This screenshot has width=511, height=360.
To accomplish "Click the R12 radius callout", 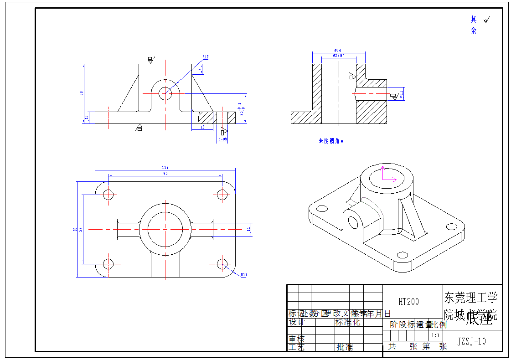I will (205, 57).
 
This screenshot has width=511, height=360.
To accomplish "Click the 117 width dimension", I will (165, 168).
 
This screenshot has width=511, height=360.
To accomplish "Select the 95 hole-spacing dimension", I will (165, 174).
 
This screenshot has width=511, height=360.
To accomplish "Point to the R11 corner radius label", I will (243, 275).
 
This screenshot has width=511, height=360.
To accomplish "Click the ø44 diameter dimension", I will (338, 51).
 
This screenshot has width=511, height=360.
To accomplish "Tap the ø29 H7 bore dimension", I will (338, 56).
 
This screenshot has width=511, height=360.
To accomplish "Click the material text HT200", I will (408, 302).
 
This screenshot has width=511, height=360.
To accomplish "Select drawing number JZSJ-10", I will (471, 341).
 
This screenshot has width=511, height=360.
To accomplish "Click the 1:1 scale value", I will (435, 336).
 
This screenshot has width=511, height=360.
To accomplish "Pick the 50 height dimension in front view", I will (82, 93).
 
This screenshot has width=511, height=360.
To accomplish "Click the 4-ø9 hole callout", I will (222, 139).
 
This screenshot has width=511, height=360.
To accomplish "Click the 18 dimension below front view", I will (202, 127).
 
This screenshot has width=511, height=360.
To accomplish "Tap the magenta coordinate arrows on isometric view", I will (387, 175).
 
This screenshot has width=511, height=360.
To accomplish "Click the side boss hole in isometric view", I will (352, 222).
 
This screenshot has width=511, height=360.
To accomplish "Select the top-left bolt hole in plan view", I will (108, 195).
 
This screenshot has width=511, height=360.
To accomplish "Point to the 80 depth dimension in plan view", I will (75, 229).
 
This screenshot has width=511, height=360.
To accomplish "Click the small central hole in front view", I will (165, 93).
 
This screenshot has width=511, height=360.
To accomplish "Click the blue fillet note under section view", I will (331, 141).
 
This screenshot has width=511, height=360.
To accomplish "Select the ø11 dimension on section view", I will (401, 94).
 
